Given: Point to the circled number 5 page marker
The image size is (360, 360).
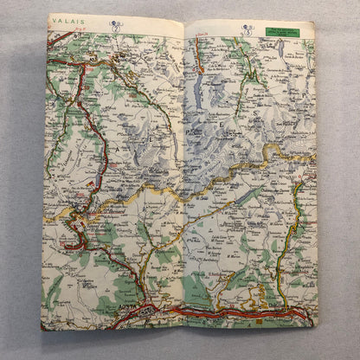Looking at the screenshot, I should click(247, 28).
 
